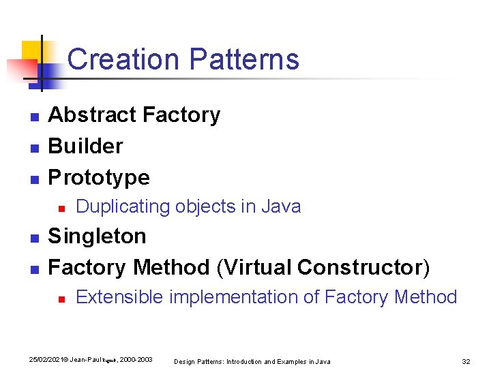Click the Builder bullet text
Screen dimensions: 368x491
click(86, 146)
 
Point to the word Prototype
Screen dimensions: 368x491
click(99, 177)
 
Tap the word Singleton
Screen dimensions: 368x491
click(97, 236)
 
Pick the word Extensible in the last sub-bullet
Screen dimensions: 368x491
click(119, 297)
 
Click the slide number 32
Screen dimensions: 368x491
click(466, 361)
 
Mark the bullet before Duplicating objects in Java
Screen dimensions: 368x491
click(61, 208)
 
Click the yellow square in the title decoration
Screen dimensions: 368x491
click(32, 52)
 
